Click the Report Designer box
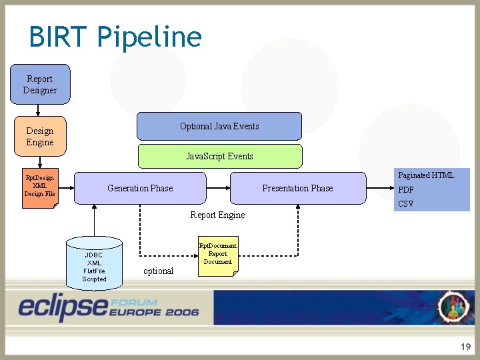[40, 85]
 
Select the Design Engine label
[40, 137]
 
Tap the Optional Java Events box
[219, 126]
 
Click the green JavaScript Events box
[219, 156]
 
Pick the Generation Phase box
[140, 188]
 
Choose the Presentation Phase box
[297, 188]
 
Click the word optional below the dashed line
[158, 271]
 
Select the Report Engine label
[217, 215]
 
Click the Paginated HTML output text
[426, 175]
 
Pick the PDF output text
[406, 190]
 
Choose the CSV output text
[406, 204]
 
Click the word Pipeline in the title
[149, 37]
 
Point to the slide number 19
[465, 347]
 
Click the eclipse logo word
[63, 306]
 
